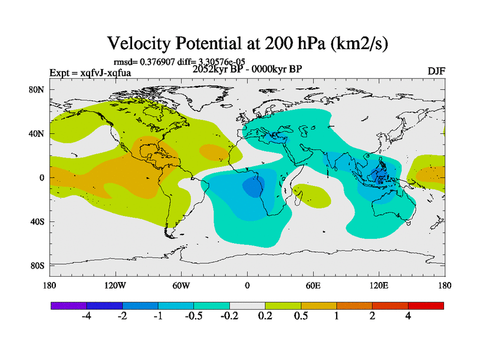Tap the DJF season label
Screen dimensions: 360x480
436,71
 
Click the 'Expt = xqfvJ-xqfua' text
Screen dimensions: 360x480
90,73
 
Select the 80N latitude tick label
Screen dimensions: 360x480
37,90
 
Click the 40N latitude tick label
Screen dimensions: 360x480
37,134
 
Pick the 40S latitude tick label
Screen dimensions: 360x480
37,221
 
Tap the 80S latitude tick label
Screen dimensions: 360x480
37,265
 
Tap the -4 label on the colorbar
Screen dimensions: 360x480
86,317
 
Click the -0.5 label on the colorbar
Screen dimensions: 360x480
194,317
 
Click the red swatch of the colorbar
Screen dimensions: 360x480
426,305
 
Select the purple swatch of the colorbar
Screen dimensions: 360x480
68,305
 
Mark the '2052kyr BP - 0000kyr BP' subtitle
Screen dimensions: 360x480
247,69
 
